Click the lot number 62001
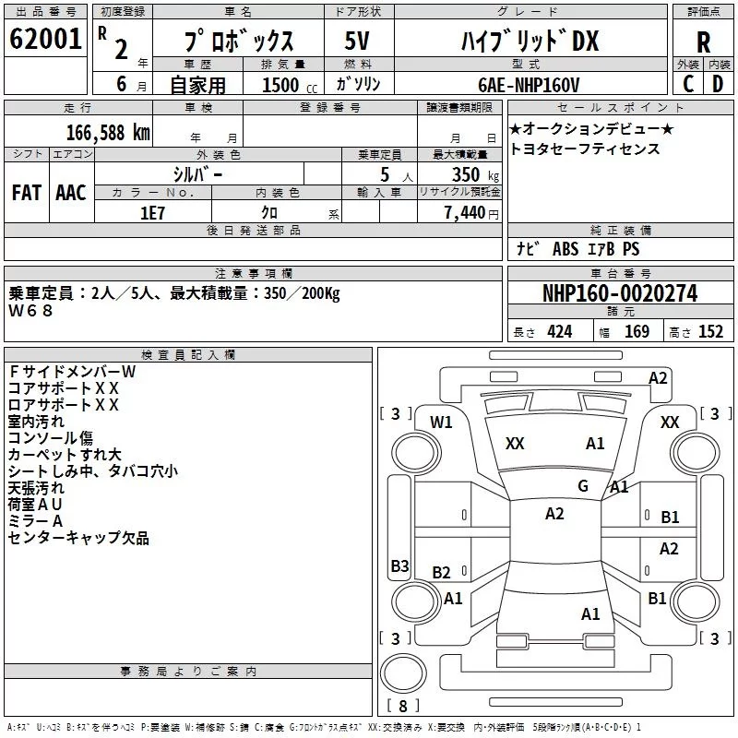click(x=45, y=39)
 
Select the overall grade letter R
click(x=703, y=42)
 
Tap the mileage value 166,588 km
click(x=108, y=133)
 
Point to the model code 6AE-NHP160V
click(x=529, y=85)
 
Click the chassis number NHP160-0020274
click(x=620, y=293)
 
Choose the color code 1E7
click(x=152, y=213)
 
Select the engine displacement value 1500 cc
click(x=290, y=85)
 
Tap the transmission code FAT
click(x=27, y=193)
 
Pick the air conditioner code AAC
click(x=71, y=193)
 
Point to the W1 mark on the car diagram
click(x=441, y=423)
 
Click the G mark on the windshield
click(x=583, y=485)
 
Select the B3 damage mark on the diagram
click(x=399, y=565)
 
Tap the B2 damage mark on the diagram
click(x=441, y=572)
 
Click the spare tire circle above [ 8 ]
click(x=403, y=673)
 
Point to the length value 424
click(x=560, y=332)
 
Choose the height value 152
click(x=710, y=332)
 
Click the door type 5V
click(x=357, y=41)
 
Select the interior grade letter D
click(x=718, y=84)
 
